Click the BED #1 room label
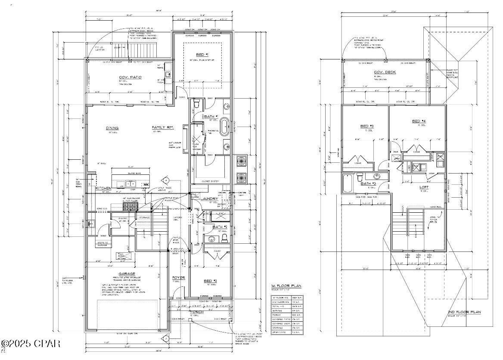click(x=202, y=55)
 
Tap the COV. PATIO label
click(x=130, y=78)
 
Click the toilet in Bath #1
click(x=196, y=103)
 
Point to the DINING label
click(x=112, y=128)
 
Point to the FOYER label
click(x=178, y=277)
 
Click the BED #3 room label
click(x=366, y=127)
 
